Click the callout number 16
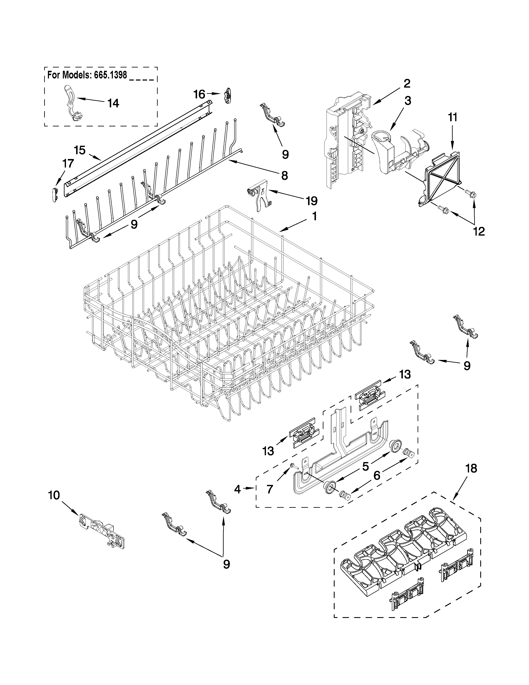[x=199, y=94]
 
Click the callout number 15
[x=80, y=150]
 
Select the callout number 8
[x=284, y=175]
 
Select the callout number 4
[x=237, y=489]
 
